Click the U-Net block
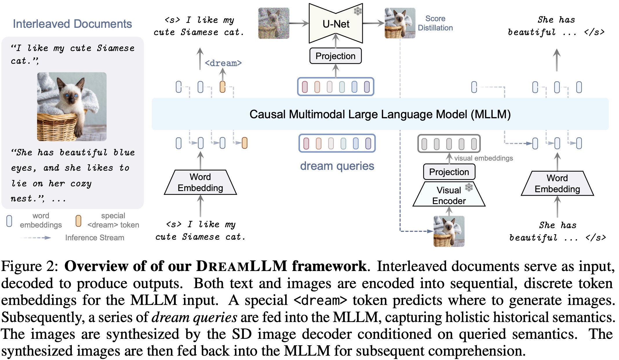coord(336,24)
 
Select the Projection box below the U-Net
coord(335,56)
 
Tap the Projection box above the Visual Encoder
coord(449,172)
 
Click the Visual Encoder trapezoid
coord(449,195)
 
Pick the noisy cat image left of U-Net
coord(274,23)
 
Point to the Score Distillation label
coord(435,23)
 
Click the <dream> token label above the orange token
coord(223,63)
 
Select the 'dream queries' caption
coord(337,166)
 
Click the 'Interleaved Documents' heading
coord(72,24)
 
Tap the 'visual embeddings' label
coord(483,158)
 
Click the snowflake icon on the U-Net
coord(358,11)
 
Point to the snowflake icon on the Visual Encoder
coord(469,187)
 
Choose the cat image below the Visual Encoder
coord(449,231)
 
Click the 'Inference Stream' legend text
coord(94,238)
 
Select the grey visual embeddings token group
coord(449,143)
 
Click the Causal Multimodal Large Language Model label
coord(380,114)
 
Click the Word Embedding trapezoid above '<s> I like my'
coord(200,182)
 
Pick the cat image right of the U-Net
coord(400,23)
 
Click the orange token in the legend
coord(78,221)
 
